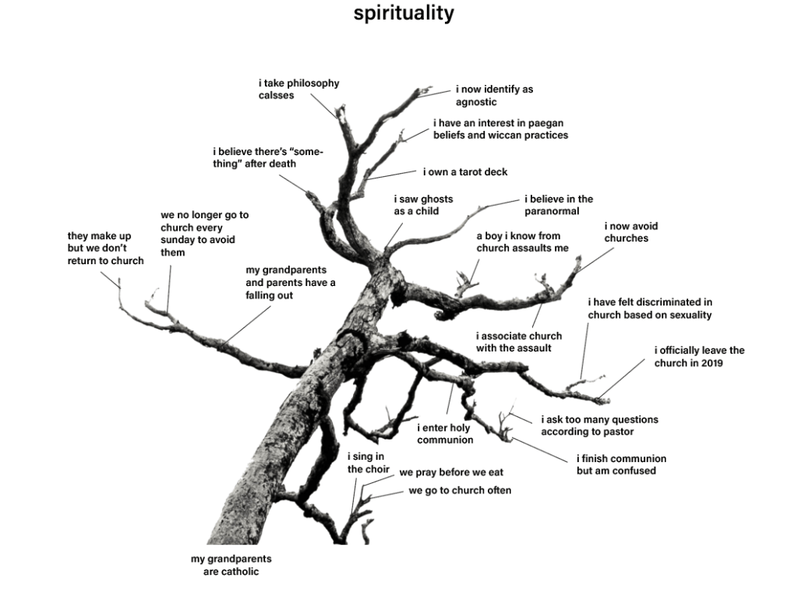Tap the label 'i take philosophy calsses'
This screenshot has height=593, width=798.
coord(298,89)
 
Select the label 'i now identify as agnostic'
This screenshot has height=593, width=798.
coord(494,95)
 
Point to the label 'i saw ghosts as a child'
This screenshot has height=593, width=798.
coord(422,205)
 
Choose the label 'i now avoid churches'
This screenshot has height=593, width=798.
coord(630,232)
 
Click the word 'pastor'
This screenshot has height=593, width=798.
coord(617,432)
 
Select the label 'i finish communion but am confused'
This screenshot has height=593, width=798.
coord(621,464)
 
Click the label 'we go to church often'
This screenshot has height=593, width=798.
coord(460,490)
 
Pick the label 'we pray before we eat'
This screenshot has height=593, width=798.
coord(451,472)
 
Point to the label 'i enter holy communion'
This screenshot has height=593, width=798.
coord(444,433)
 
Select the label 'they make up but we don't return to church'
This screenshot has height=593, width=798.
coord(105,248)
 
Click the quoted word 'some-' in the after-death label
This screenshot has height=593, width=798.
coord(305,151)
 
